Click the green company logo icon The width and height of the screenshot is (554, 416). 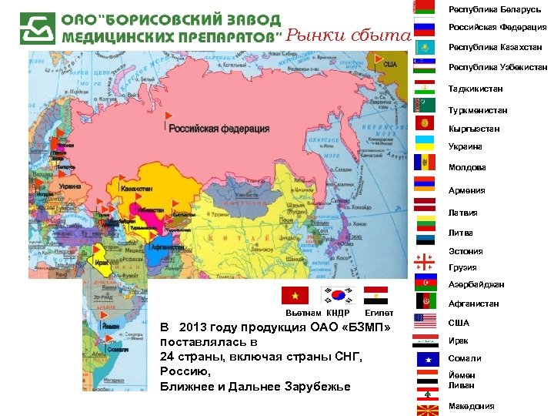click(38, 29)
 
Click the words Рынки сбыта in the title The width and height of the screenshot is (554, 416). click(348, 35)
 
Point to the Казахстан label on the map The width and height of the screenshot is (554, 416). click(136, 188)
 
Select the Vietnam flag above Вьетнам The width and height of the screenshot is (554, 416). click(295, 296)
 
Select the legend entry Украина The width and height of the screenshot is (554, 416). click(466, 146)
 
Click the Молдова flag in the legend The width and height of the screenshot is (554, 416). click(425, 163)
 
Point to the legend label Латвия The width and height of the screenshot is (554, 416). click(463, 213)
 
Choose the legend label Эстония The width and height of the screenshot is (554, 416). click(466, 251)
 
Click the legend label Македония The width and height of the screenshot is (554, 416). click(471, 406)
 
